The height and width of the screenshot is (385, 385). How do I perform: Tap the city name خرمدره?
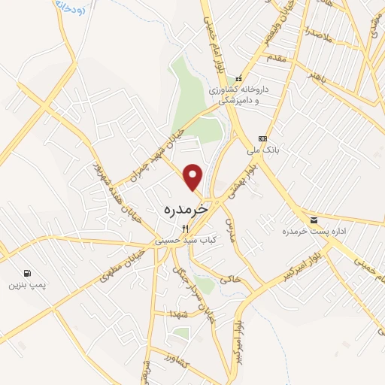point(185,210)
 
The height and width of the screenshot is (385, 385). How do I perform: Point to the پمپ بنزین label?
point(23,285)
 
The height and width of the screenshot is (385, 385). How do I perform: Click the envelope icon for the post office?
point(314,220)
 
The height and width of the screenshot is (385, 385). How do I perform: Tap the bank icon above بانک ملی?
point(262,138)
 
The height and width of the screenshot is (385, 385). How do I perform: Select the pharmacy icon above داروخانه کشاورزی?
point(238,77)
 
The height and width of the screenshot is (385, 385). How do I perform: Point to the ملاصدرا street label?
point(318,32)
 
